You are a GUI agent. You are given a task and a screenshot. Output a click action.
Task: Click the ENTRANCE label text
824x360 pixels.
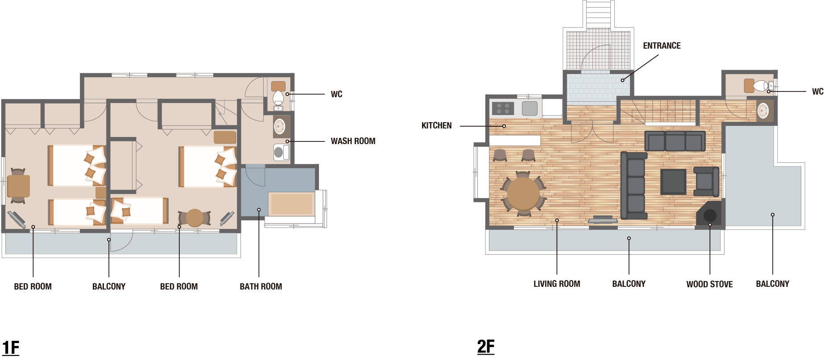coord(662,46)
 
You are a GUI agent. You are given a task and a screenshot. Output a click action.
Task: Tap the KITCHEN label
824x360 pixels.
coord(436,126)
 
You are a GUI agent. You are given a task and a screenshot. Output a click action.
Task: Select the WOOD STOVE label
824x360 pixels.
coord(709,284)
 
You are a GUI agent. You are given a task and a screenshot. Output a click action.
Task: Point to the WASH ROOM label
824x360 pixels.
coord(353,141)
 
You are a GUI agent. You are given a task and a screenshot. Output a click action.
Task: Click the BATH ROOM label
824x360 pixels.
coord(261,286)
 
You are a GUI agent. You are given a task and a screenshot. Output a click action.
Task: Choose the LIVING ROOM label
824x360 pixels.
coord(557,284)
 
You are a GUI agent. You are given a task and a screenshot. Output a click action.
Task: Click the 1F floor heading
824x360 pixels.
coord(11,348)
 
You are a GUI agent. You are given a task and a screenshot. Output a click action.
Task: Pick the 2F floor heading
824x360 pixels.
coord(486,346)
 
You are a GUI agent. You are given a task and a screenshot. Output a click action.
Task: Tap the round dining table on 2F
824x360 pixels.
coord(523,194)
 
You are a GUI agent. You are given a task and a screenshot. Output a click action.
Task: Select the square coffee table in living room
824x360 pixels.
coord(673,182)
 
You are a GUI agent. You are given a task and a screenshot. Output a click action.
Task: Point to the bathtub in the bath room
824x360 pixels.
coord(292,204)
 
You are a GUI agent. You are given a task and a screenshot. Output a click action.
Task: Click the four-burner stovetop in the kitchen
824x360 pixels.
coord(503,108)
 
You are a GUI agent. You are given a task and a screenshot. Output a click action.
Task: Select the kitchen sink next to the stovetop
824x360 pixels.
coord(530,108)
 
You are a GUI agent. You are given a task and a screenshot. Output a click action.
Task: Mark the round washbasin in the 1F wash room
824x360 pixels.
coord(280,127)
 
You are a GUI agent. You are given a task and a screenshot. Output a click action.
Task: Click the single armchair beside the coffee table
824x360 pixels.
coord(706,181)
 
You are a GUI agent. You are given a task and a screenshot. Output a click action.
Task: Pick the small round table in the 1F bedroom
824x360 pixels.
coord(195,218)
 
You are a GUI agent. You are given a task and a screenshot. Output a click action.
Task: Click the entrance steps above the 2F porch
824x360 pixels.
coord(599,14)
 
